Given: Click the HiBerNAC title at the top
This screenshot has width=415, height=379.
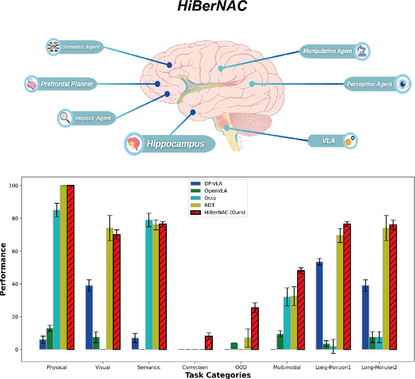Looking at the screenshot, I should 207,9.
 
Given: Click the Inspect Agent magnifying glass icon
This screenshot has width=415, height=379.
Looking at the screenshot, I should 65,117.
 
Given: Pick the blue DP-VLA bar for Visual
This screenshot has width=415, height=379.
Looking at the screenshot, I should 89,317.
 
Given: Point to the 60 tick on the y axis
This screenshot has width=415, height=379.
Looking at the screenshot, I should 23,251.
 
